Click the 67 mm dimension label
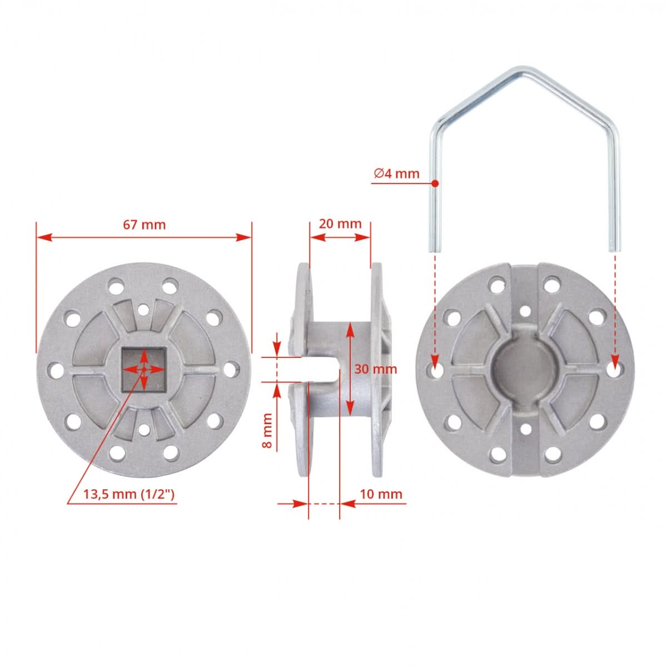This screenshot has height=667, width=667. (x=144, y=225)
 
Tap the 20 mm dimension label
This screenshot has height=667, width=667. (x=340, y=224)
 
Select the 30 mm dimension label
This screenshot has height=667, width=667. (x=376, y=369)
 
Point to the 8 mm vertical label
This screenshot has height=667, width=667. (x=267, y=431)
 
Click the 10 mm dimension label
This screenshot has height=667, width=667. (x=381, y=494)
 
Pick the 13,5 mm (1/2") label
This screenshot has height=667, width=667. (x=130, y=494)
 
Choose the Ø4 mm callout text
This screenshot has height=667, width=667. (x=396, y=173)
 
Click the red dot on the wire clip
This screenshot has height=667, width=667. (x=435, y=183)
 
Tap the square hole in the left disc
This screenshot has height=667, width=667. (x=143, y=369)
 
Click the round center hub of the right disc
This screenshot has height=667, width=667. (x=524, y=369)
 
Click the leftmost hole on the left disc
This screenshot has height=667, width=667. (x=55, y=369)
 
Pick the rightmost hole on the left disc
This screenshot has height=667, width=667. (x=232, y=369)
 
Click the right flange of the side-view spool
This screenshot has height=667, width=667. (x=376, y=369)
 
